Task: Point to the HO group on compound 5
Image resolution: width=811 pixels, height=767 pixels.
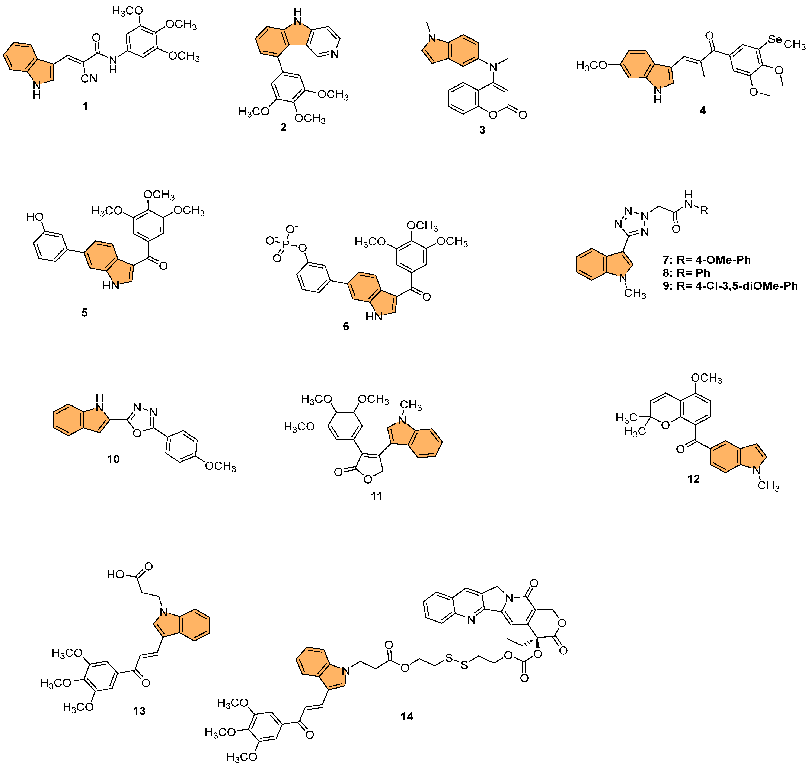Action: tap(35, 217)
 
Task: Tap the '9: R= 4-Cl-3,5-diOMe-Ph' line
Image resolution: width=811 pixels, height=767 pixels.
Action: tap(730, 286)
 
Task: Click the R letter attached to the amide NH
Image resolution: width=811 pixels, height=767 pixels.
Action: tap(704, 211)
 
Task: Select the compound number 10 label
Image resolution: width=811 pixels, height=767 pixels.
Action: tap(113, 459)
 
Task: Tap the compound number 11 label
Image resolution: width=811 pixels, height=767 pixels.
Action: tap(376, 496)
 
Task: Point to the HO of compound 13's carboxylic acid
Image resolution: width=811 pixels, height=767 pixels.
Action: tap(115, 574)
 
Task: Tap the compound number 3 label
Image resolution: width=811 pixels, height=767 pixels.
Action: tap(482, 130)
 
